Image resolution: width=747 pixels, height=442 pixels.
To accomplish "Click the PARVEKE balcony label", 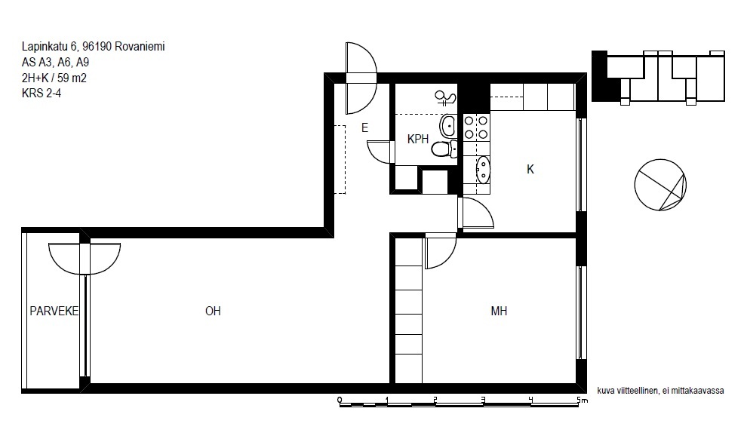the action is tap(54, 311).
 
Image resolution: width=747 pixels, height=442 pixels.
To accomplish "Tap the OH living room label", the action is tap(213, 311).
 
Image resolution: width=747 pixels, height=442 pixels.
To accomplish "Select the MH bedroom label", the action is tap(499, 311).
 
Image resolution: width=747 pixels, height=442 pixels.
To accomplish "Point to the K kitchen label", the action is tap(530, 169).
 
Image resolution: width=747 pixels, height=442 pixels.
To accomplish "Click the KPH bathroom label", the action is tap(418, 139).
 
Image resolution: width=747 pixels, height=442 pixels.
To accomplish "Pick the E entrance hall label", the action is tap(365, 127).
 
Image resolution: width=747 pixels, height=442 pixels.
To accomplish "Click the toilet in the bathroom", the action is tap(444, 149).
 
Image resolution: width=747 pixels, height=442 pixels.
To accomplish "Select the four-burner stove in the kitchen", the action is tap(476, 127).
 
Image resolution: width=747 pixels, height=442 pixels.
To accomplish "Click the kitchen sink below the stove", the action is tap(483, 170).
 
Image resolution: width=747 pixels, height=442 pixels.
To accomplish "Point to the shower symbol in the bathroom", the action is tap(445, 97).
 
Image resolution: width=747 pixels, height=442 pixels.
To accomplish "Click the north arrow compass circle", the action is tap(660, 185).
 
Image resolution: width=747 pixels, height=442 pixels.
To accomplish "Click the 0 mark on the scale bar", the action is tap(340, 400).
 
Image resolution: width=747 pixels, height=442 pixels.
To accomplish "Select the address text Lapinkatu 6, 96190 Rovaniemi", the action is tap(94, 47).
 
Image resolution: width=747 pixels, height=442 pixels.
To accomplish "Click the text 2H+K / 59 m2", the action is tap(54, 78).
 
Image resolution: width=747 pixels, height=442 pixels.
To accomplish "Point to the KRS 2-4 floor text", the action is tap(41, 93).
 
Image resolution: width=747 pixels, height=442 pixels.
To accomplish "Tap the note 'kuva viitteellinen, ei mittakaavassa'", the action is tap(660, 391).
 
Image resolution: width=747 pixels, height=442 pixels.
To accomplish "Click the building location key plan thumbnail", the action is tap(658, 77).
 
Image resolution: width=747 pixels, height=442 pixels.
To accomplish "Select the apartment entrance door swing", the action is tap(361, 78).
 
